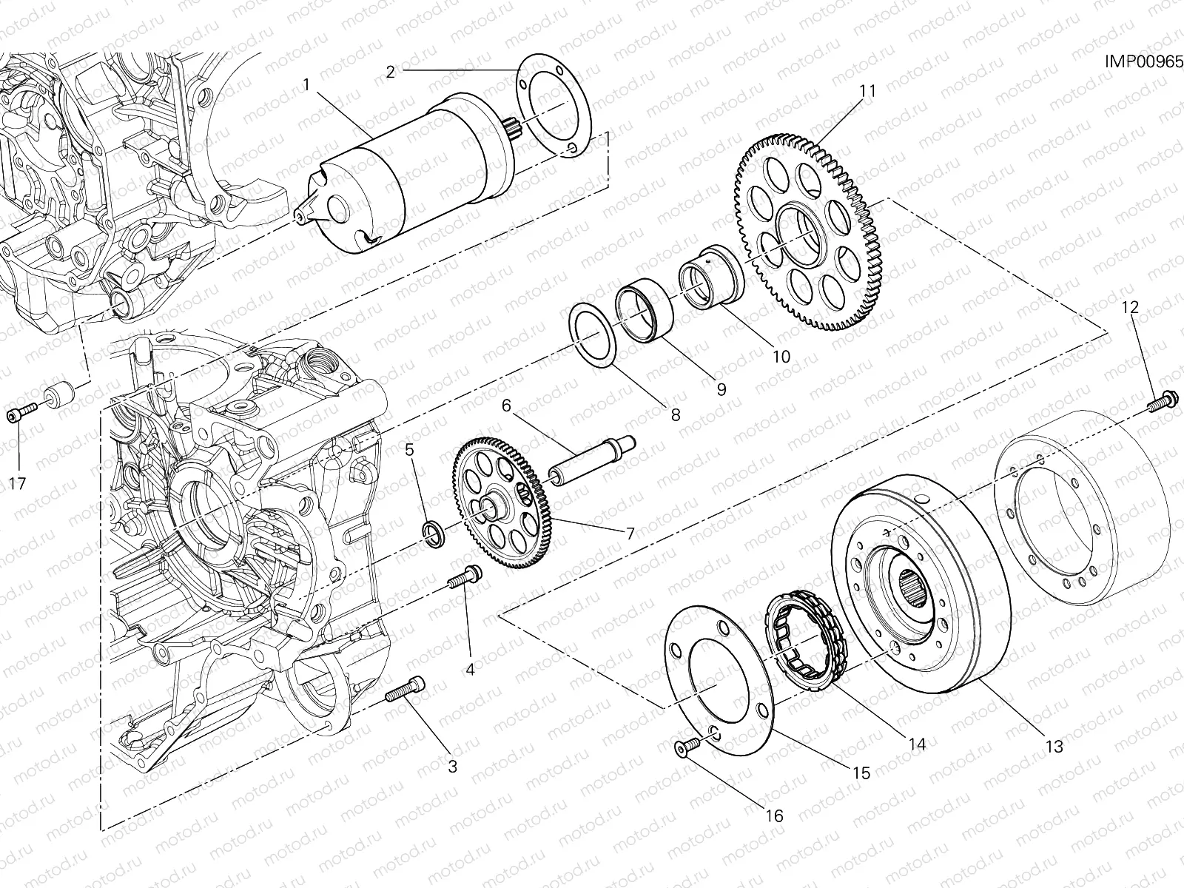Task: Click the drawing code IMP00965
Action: point(1143,61)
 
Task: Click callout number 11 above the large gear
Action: point(882,91)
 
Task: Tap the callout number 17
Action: point(17,484)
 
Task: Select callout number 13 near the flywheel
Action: point(1054,747)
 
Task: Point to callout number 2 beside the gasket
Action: point(391,72)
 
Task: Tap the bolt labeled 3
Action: point(405,690)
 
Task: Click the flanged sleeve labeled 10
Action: point(712,277)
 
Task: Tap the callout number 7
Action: point(630,534)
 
